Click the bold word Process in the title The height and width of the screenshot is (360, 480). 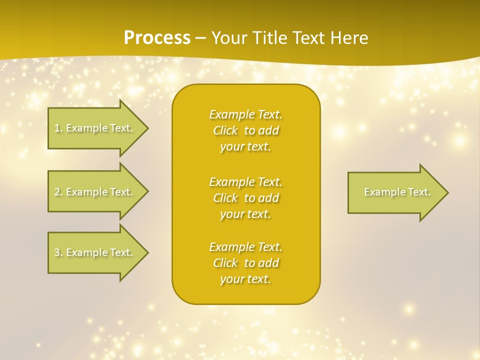157,38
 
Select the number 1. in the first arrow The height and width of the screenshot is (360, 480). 58,128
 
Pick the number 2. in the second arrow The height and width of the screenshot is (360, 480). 58,192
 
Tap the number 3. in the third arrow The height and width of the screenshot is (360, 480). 58,252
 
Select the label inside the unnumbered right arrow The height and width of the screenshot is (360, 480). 397,192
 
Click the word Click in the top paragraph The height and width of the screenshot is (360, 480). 225,131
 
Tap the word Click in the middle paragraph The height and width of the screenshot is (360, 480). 225,198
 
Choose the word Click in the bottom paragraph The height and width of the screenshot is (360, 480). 225,263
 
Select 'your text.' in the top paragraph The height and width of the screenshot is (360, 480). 245,147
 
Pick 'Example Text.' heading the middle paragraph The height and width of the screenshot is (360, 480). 245,182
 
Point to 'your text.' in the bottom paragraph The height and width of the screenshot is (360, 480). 245,279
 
